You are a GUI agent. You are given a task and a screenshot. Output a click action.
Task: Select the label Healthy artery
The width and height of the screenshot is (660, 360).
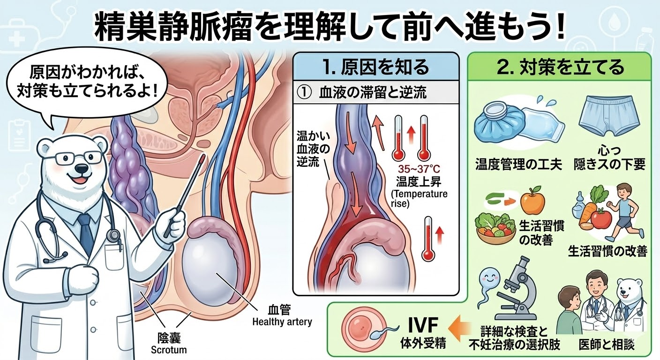point(282,322)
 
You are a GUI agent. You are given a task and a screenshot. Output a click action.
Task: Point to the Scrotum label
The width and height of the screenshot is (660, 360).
point(169,350)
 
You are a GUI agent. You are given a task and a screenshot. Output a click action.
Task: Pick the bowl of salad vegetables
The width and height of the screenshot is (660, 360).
point(495,227)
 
